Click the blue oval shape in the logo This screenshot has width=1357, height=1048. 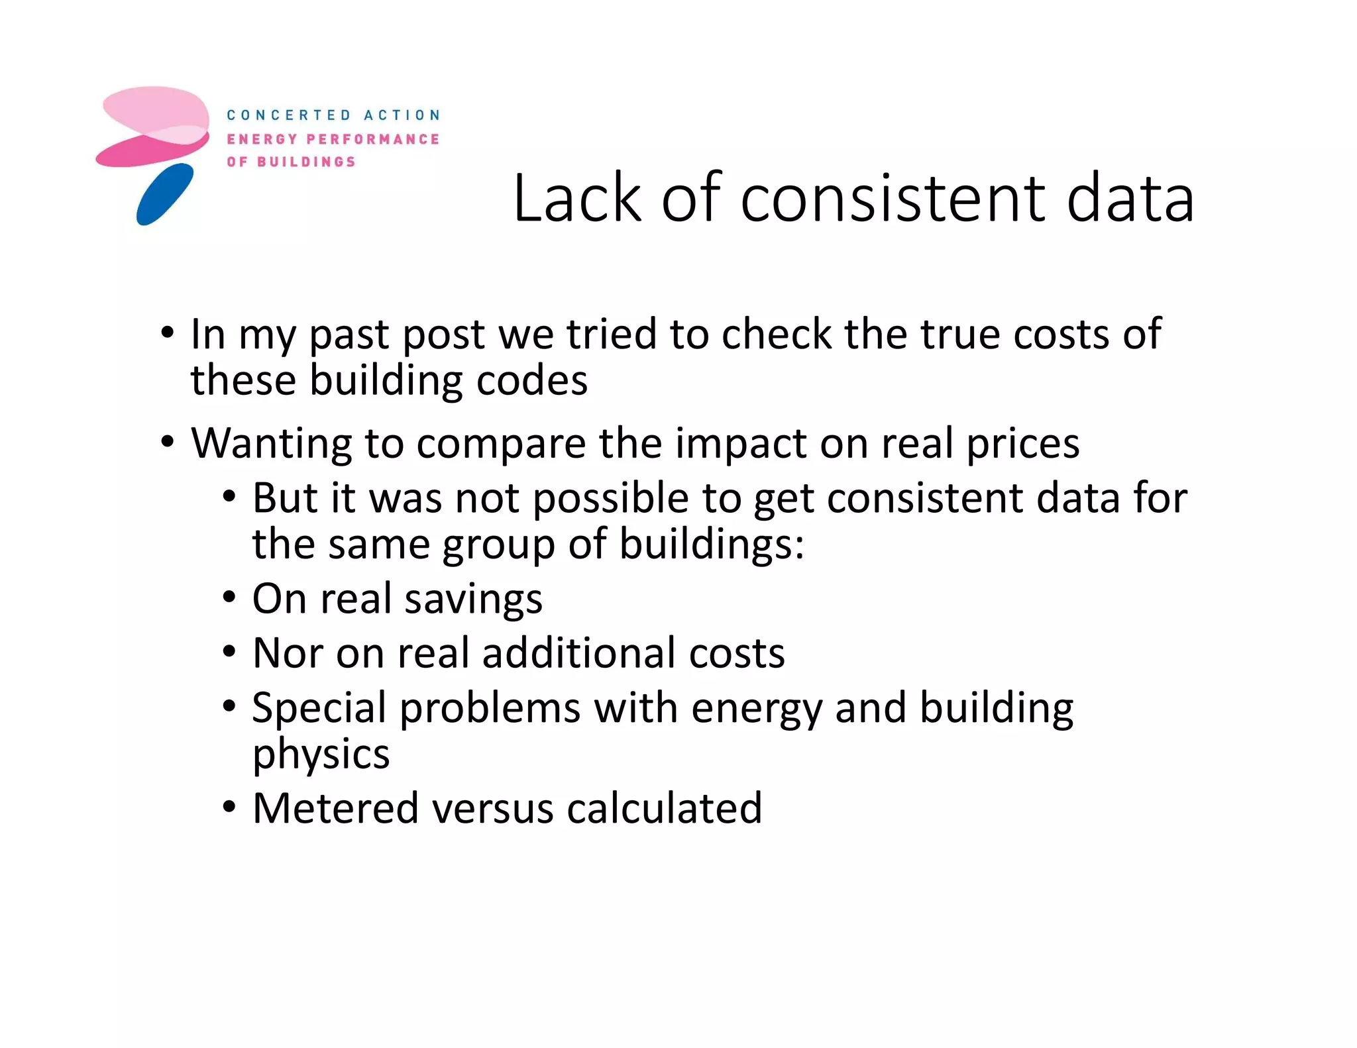[x=165, y=195]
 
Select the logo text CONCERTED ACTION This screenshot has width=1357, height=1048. [x=333, y=115]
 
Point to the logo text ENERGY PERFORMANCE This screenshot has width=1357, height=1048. [x=333, y=139]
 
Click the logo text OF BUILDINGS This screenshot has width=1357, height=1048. [x=291, y=162]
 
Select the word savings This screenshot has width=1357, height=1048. [x=473, y=599]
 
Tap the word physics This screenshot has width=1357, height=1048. [x=321, y=755]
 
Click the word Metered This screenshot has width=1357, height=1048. [x=335, y=808]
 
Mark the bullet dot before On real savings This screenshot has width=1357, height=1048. [x=229, y=598]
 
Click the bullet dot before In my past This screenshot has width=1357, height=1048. [x=168, y=331]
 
